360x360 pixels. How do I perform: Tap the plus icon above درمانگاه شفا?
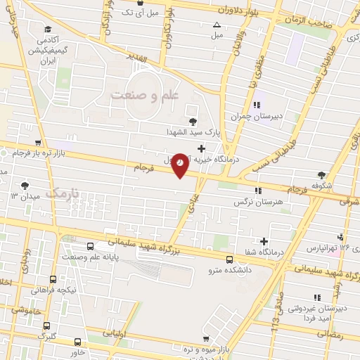[264, 241]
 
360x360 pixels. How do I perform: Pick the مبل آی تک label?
[136, 12]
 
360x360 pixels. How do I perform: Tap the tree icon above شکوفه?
[323, 175]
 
